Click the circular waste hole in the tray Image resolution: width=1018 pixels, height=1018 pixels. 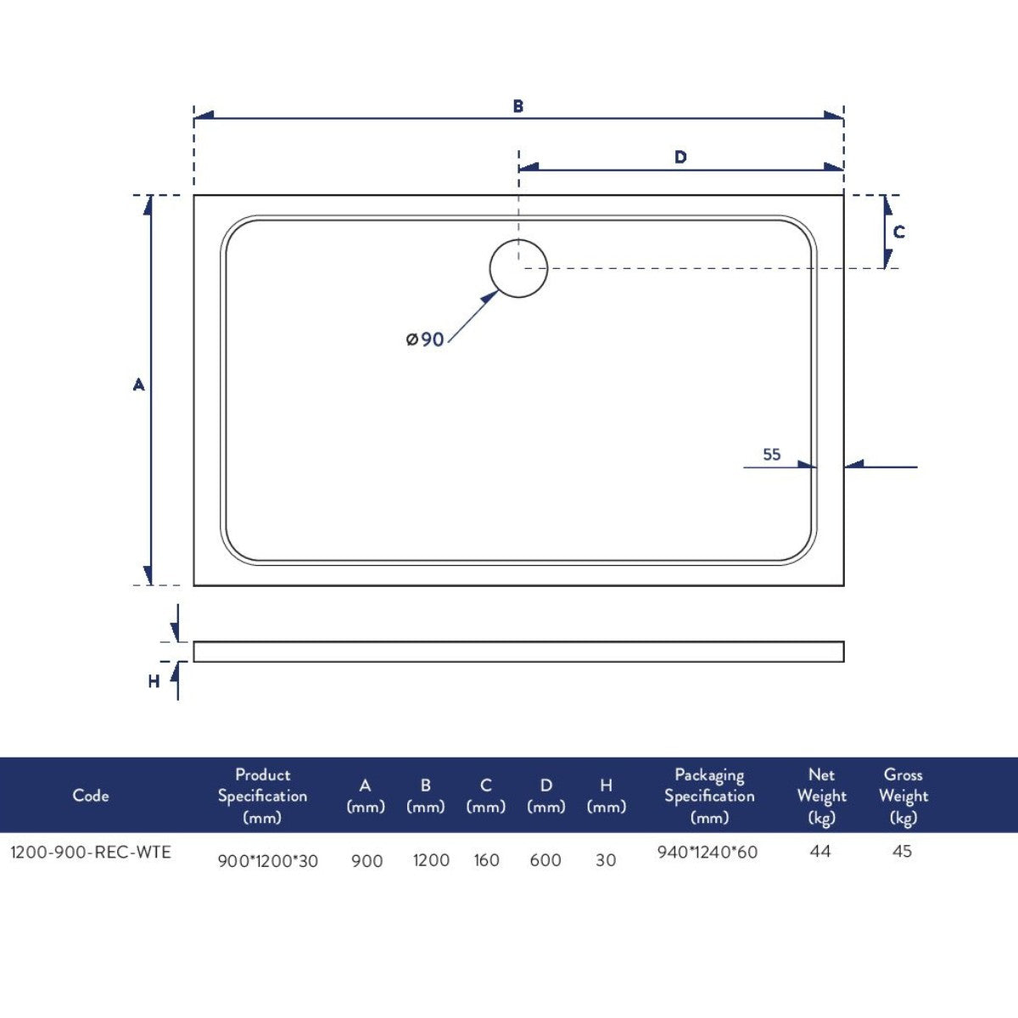[x=518, y=268]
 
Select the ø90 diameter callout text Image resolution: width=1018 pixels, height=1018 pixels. [x=425, y=339]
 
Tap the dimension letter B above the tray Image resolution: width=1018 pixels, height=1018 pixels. [x=518, y=107]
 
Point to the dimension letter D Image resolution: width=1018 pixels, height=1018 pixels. [x=680, y=158]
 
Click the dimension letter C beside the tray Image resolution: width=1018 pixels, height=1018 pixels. [x=899, y=232]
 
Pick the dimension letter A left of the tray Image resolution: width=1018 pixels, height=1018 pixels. [x=139, y=385]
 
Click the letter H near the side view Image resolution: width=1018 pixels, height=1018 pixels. [x=154, y=681]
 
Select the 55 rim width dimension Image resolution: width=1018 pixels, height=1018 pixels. [x=771, y=455]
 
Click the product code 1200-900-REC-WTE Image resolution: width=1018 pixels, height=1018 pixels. [x=91, y=853]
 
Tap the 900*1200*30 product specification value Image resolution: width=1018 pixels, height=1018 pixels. [x=268, y=861]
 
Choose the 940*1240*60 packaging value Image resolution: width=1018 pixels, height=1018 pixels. [x=708, y=853]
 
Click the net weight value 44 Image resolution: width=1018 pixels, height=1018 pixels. [x=820, y=851]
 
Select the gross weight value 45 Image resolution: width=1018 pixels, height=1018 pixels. [x=902, y=851]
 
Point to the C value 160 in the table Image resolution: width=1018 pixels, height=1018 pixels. [x=486, y=860]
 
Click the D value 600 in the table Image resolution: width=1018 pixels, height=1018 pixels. [x=545, y=860]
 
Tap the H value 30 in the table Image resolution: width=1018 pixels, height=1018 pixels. [x=606, y=860]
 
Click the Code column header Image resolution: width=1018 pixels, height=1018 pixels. [x=91, y=796]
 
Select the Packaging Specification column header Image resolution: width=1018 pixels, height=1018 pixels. [x=709, y=796]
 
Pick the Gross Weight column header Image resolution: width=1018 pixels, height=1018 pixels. [x=903, y=796]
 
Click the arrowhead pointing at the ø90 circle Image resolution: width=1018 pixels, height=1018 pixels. [x=490, y=298]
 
